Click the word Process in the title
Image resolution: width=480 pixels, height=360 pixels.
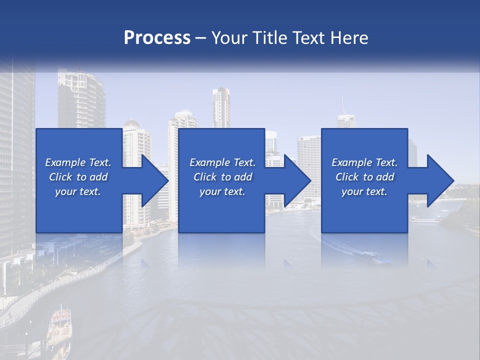[157, 37]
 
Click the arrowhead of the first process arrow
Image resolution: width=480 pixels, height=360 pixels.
[154, 180]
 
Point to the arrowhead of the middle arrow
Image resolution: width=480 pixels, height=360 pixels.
[297, 180]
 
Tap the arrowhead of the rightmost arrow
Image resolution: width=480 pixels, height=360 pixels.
[440, 180]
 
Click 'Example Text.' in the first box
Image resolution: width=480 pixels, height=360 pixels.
[78, 162]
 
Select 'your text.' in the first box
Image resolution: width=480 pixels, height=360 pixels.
[78, 191]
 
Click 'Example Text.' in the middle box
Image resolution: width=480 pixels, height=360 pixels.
[222, 162]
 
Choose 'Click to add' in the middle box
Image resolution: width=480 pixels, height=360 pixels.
[222, 177]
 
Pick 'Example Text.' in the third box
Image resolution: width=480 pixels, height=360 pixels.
[364, 162]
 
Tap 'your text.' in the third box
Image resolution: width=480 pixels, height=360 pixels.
[364, 191]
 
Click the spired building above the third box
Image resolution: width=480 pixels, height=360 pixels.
[345, 118]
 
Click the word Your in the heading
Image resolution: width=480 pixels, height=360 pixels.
[227, 37]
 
